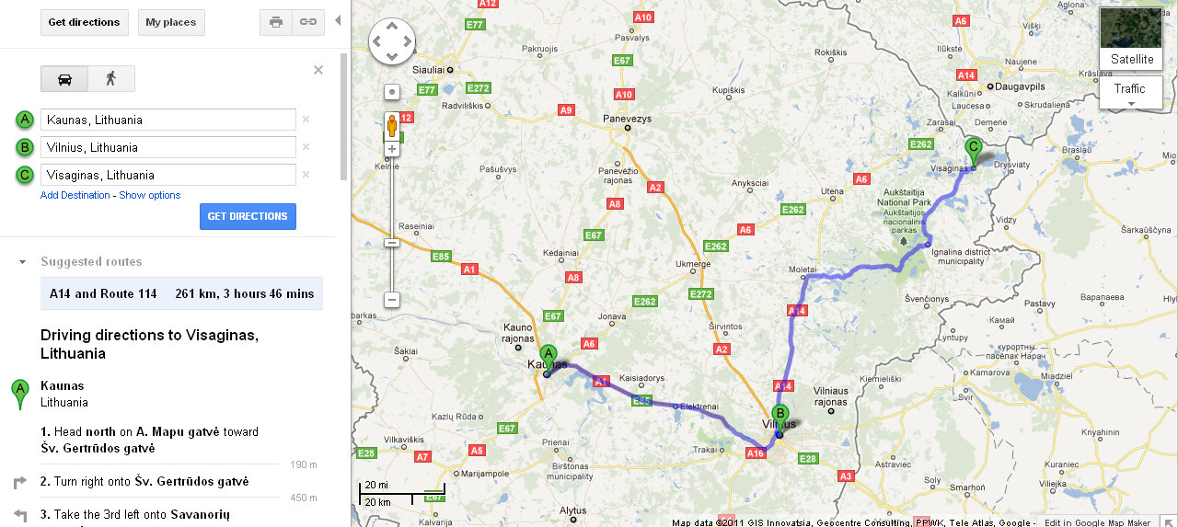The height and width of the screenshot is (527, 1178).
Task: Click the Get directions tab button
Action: [x=84, y=22]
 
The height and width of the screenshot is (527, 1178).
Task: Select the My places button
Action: [x=171, y=22]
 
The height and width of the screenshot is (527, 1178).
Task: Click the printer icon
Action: [x=276, y=22]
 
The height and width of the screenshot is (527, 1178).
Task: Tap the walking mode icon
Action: [x=111, y=79]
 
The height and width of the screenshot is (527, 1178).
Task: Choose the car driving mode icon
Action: [x=64, y=79]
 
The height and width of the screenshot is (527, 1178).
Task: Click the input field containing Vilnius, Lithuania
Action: [x=167, y=147]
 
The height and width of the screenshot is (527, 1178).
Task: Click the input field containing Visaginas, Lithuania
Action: [x=167, y=175]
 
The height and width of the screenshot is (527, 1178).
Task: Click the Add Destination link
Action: [x=75, y=195]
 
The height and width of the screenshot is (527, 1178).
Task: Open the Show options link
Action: [x=149, y=195]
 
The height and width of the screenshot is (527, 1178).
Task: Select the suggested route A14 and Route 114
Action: [x=181, y=294]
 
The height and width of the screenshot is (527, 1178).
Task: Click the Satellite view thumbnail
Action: [x=1131, y=38]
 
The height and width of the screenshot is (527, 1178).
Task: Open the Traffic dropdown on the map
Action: [x=1130, y=92]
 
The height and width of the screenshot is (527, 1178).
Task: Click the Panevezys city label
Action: [x=627, y=119]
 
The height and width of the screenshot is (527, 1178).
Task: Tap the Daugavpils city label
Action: [x=1020, y=86]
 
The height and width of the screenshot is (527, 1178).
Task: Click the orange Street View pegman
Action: [x=391, y=125]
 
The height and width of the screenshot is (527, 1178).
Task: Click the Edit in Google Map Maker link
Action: [x=1110, y=522]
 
